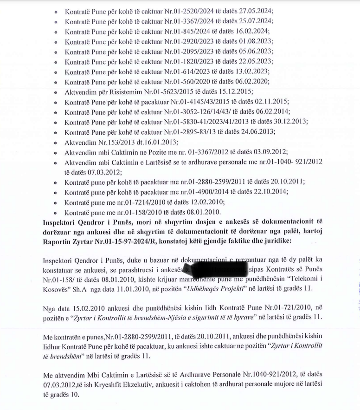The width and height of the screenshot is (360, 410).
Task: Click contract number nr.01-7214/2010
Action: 142,202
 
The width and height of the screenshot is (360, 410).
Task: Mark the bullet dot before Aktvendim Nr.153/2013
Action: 56,143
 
